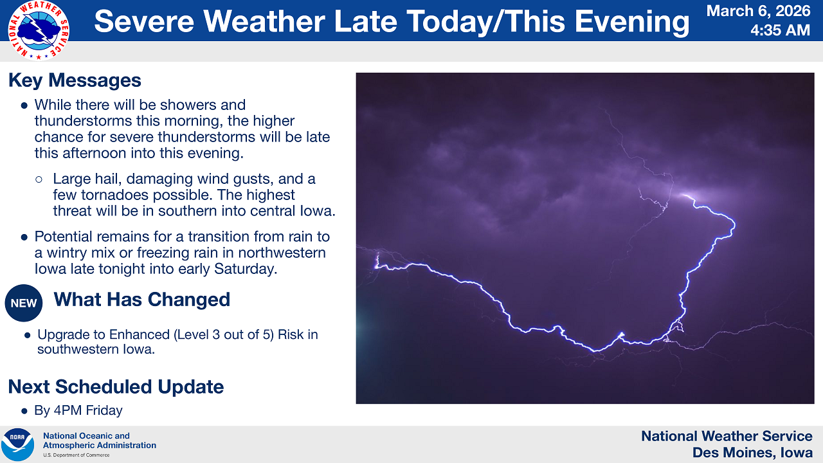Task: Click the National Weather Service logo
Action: tap(39, 30)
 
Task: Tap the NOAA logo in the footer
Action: tap(17, 444)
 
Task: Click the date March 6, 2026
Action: tap(758, 11)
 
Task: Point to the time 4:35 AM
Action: tap(780, 30)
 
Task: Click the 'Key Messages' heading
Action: tap(75, 80)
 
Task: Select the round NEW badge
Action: tap(24, 303)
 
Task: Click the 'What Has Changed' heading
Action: tap(142, 300)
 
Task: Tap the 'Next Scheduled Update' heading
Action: tap(116, 386)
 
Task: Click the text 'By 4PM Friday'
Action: tap(78, 410)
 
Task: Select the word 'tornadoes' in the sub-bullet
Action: tap(114, 195)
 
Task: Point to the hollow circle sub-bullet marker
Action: tap(39, 179)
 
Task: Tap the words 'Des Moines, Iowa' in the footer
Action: tap(752, 453)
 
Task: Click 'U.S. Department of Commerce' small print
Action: tap(77, 455)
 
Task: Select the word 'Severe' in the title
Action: tap(144, 21)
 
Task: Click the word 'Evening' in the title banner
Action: tap(632, 22)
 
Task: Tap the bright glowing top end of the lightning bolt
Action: tap(686, 195)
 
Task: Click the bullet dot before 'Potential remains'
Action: tap(24, 237)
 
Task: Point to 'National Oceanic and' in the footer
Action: tap(86, 436)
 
